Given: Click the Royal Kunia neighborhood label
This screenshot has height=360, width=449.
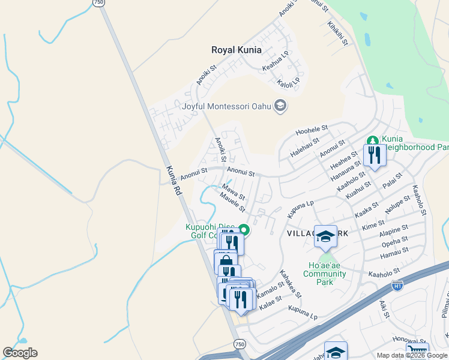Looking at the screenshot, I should pos(238,50).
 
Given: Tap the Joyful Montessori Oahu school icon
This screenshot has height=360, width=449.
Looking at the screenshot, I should pos(280,106).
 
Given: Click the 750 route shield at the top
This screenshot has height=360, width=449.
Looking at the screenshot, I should pos(98,3).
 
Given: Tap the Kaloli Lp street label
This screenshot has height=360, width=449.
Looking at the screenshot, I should pos(289,81).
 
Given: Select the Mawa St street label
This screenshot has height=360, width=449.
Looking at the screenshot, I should pos(234,192).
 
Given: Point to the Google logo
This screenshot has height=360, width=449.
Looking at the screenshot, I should pos(20,353).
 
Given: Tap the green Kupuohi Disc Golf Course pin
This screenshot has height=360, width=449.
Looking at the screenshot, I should pos(244,229).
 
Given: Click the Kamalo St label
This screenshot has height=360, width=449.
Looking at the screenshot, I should pos(269,292).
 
